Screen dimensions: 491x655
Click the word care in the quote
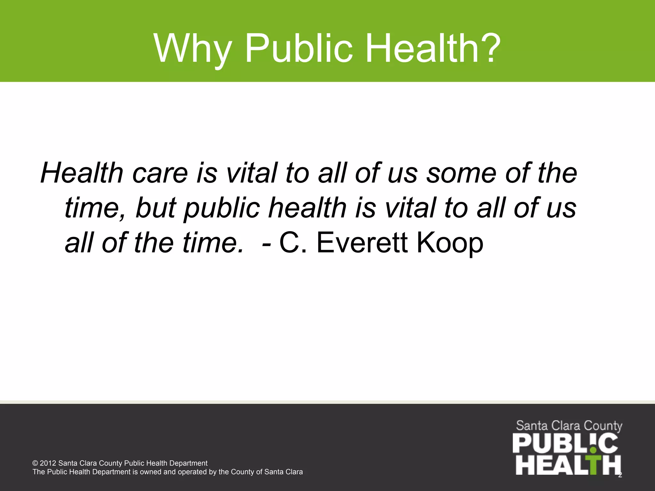tap(160, 174)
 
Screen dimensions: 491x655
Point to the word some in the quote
tap(462, 174)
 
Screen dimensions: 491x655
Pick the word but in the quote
tap(156, 208)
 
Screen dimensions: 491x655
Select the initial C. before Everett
tap(293, 243)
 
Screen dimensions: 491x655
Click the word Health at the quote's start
tap(82, 173)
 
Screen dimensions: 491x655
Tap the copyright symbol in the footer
tap(35, 464)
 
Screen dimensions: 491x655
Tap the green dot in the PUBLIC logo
tap(593, 450)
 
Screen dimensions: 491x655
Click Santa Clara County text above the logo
tap(569, 426)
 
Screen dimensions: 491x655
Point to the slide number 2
tap(620, 475)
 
